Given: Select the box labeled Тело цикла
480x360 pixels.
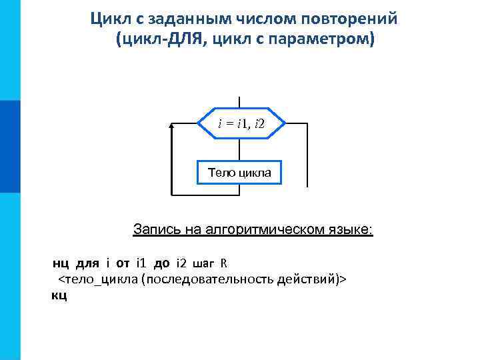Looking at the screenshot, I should (x=239, y=173).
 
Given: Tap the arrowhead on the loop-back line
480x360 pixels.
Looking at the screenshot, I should (x=172, y=125).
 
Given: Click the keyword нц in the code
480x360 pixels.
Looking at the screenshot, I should (x=61, y=262).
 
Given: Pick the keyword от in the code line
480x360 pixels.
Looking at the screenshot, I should (x=123, y=262).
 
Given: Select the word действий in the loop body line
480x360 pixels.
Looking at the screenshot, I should (x=314, y=278).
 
